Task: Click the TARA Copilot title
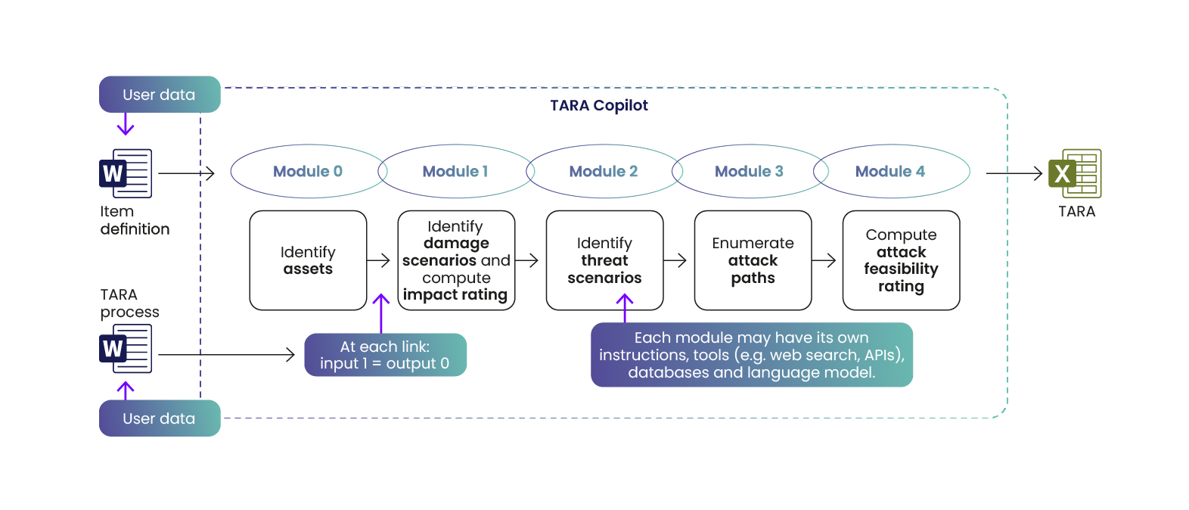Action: click(x=598, y=105)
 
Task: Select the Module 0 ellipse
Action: click(x=308, y=172)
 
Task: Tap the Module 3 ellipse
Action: click(x=749, y=172)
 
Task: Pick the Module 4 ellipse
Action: click(x=890, y=172)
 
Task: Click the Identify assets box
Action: click(x=308, y=260)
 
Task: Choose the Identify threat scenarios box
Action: click(x=604, y=260)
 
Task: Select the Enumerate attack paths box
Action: click(x=753, y=260)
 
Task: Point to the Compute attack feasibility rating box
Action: click(x=901, y=260)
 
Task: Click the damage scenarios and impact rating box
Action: click(x=456, y=260)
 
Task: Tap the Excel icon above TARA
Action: click(x=1074, y=173)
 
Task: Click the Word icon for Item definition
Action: click(x=126, y=173)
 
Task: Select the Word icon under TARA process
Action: click(x=126, y=348)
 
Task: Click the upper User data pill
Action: click(x=160, y=95)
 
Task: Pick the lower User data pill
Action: click(x=160, y=418)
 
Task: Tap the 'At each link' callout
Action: click(x=385, y=355)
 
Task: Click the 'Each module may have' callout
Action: click(x=751, y=355)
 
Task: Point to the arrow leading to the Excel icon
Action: click(x=1014, y=173)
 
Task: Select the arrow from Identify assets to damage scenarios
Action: click(x=378, y=260)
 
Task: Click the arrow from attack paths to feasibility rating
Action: click(x=824, y=260)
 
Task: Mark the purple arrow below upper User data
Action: click(x=126, y=124)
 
